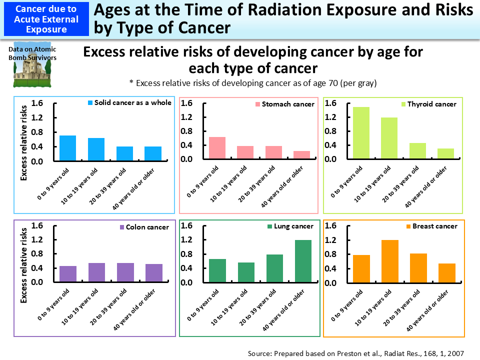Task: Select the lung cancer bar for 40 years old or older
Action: click(302, 261)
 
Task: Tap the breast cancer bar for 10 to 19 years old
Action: click(390, 261)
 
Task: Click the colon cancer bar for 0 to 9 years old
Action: click(68, 274)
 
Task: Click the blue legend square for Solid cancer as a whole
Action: click(90, 103)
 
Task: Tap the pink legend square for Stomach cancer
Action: click(258, 104)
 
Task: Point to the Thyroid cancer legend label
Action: click(431, 104)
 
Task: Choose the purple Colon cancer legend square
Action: click(122, 227)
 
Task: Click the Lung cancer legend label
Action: click(293, 226)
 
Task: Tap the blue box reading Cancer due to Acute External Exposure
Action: click(45, 18)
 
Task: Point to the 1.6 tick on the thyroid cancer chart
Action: click(331, 103)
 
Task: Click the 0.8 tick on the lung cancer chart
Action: click(186, 254)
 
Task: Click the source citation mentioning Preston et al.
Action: click(355, 353)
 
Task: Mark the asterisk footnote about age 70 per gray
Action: click(252, 83)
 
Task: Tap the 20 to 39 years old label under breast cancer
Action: click(405, 305)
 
